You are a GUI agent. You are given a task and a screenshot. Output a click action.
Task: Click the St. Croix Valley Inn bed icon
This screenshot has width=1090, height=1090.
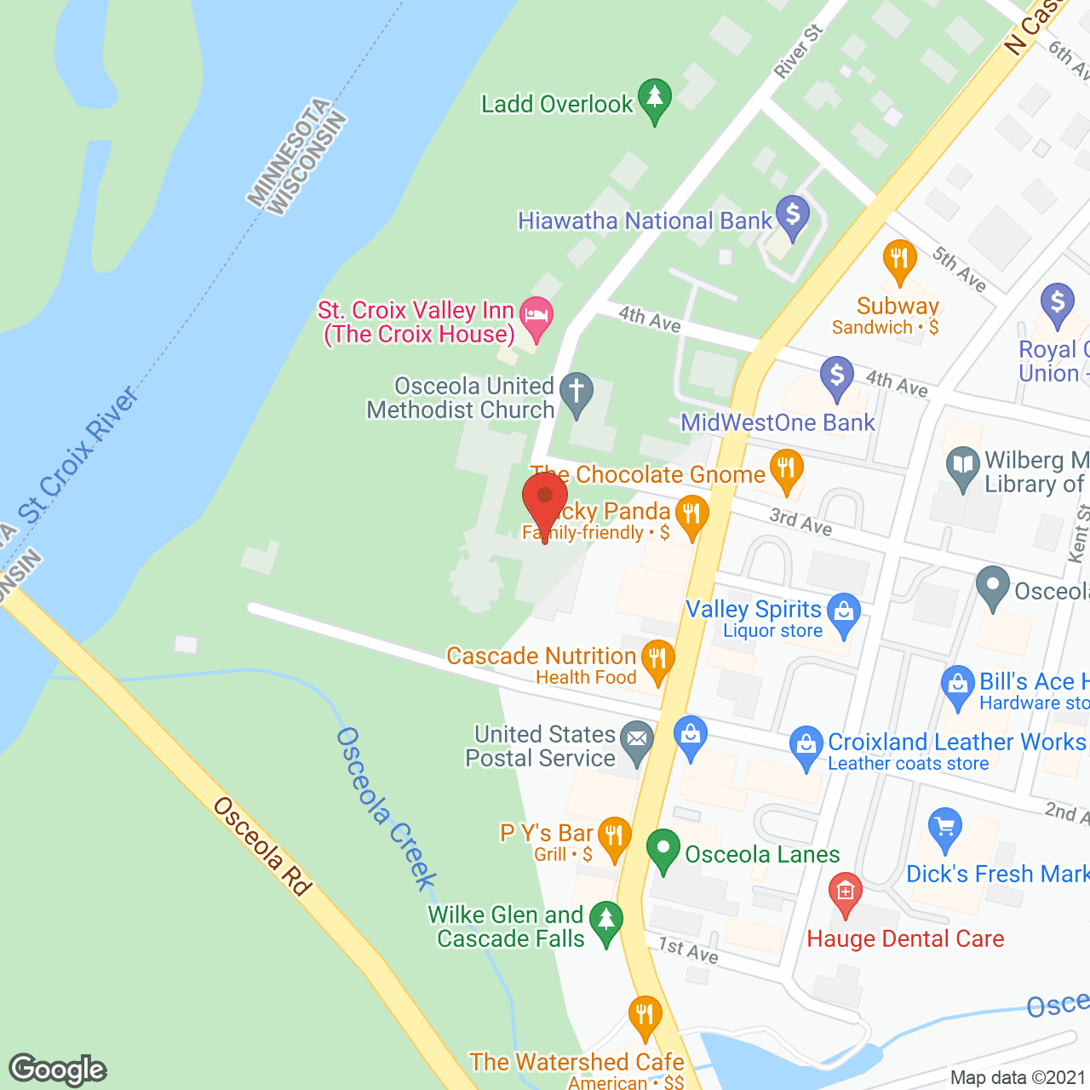point(536,315)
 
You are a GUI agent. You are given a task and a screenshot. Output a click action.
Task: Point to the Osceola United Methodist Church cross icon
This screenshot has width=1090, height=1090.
point(577,393)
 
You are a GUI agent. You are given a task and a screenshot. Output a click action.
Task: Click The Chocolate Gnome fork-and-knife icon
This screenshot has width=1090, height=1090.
point(786,469)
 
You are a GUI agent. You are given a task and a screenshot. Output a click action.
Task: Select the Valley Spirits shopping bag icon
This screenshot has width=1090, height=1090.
point(844,612)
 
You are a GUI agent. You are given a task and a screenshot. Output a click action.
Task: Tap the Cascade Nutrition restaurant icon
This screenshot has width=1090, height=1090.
point(657,660)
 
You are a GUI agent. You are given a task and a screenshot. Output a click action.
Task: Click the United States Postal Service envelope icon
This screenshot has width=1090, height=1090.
point(636,739)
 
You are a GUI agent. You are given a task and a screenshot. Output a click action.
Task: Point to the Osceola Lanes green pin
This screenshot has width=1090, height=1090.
point(663,849)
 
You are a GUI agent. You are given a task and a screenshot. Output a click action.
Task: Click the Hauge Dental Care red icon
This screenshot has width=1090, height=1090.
point(846,892)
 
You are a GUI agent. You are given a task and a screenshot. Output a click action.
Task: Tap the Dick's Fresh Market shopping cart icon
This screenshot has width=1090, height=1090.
point(944,828)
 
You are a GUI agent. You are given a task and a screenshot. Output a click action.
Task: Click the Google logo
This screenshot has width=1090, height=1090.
point(58,1070)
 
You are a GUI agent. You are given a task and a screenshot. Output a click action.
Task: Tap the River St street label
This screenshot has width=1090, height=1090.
point(798,52)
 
